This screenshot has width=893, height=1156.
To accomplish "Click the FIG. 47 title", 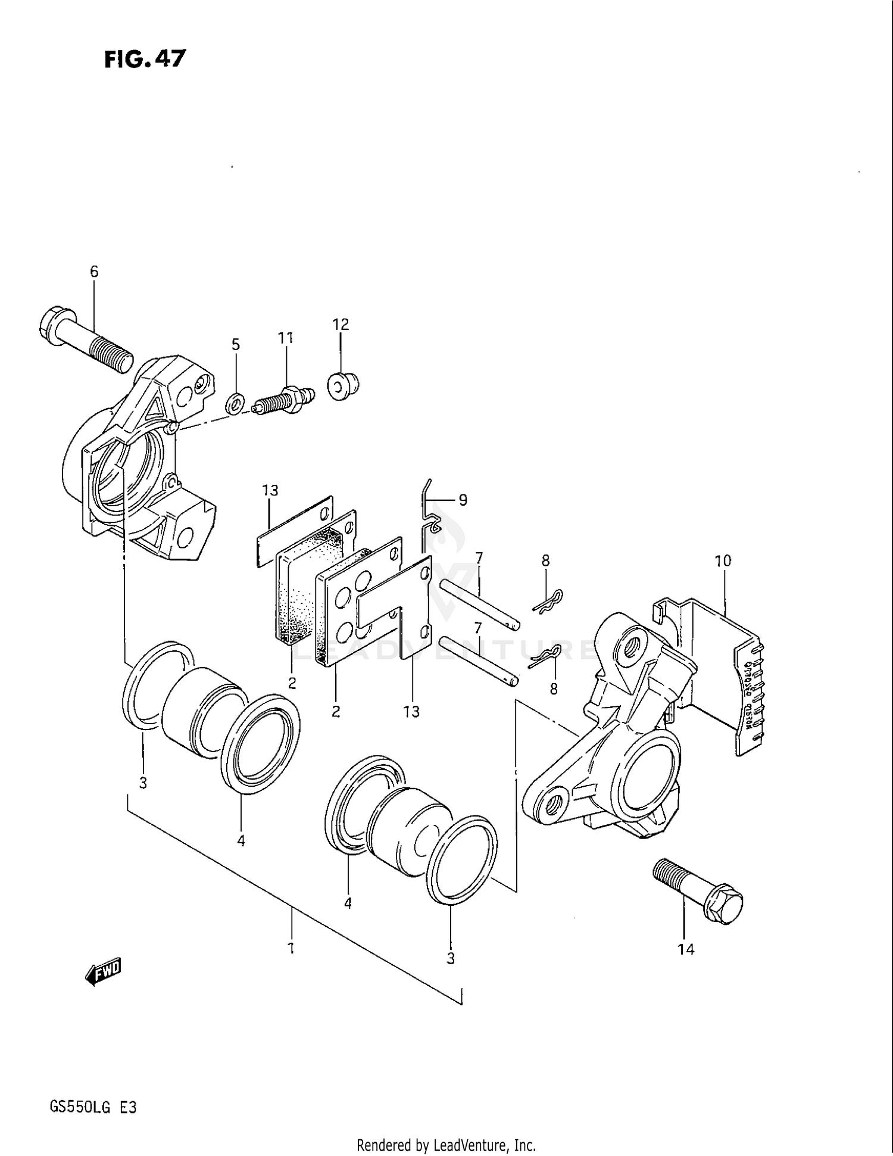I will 145,59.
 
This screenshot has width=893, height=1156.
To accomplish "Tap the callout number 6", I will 94,272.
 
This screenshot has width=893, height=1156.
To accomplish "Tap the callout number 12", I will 341,325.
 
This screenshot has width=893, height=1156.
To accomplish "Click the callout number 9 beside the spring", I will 463,500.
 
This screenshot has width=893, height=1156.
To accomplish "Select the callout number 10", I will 723,561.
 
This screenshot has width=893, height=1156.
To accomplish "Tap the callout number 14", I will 686,949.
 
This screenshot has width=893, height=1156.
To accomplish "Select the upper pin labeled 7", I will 480,605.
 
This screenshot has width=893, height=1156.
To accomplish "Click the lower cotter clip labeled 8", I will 544,657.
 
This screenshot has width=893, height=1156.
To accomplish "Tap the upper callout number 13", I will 270,491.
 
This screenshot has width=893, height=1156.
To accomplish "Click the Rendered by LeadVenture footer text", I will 446,1145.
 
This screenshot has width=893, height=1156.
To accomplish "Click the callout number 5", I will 236,345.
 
